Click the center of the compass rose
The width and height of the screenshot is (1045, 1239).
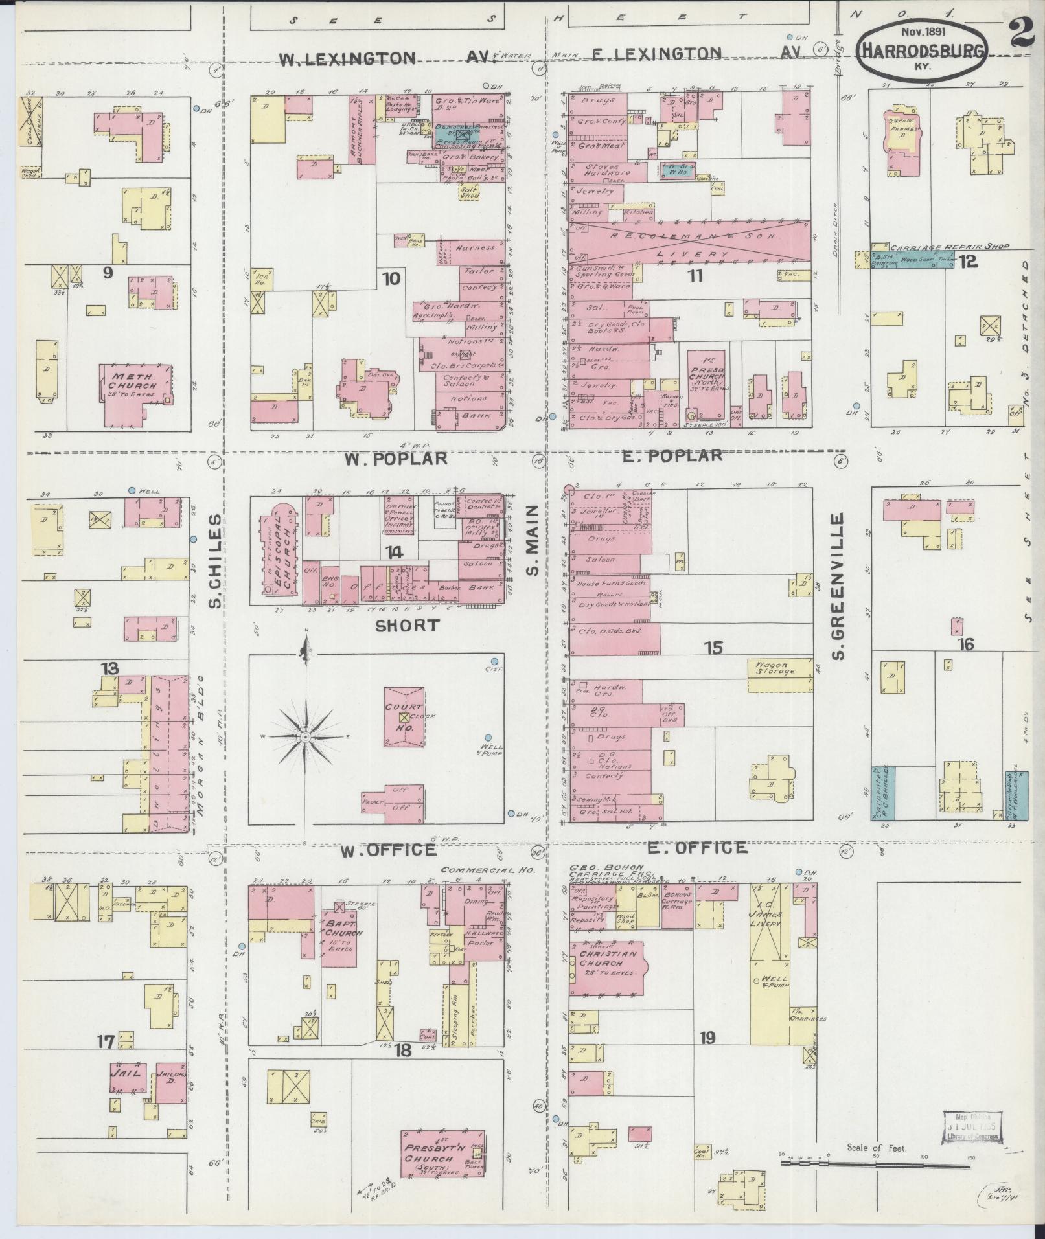(305, 736)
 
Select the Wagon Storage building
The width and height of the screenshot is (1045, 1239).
(779, 668)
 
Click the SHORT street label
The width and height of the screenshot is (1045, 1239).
(408, 626)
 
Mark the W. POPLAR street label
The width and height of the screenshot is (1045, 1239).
(396, 459)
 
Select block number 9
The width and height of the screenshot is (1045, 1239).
(108, 273)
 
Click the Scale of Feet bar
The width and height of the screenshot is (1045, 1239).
(876, 1163)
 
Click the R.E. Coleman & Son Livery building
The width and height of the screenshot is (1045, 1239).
(689, 241)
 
